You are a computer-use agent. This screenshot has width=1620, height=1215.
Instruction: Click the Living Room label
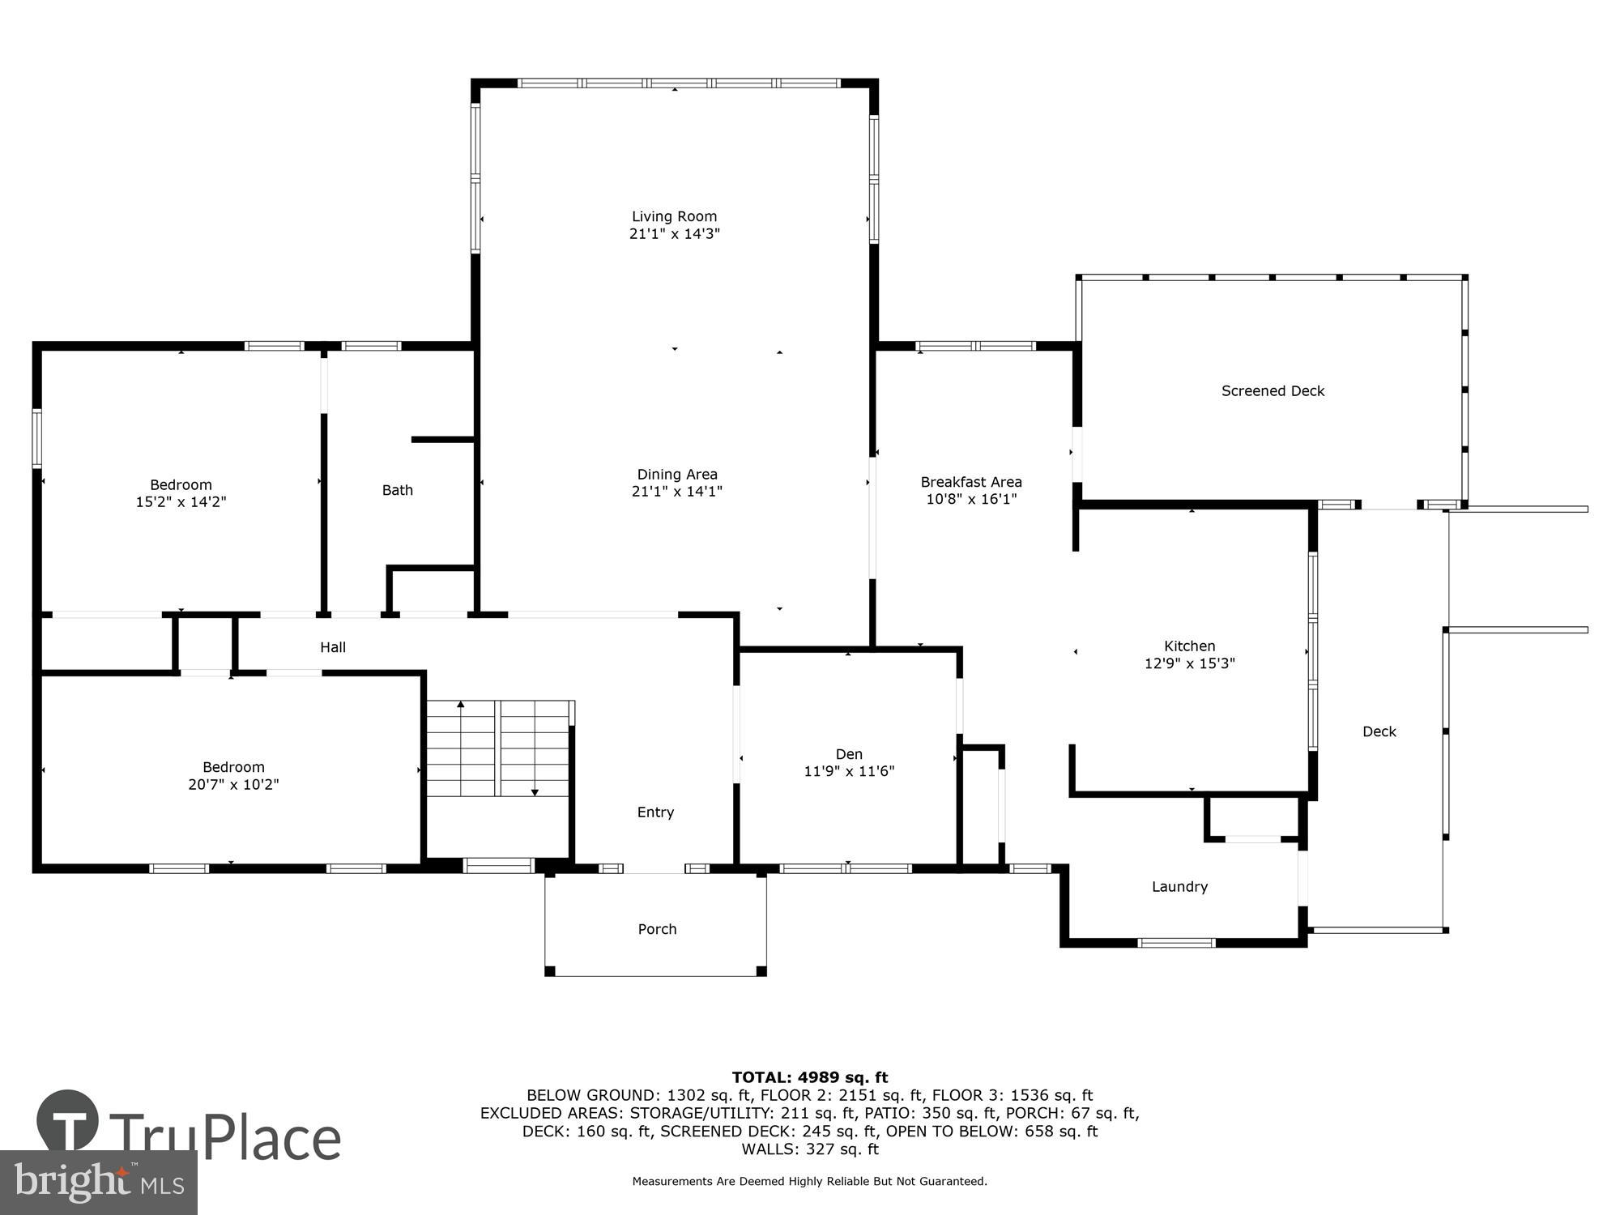coord(674,216)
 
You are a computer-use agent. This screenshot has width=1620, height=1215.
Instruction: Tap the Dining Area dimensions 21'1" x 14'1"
coord(676,492)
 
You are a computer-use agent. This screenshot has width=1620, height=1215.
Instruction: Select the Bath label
coord(397,490)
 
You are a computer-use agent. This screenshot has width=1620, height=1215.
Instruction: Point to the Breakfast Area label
coord(970,482)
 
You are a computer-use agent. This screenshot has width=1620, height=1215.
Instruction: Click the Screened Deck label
coord(1273,391)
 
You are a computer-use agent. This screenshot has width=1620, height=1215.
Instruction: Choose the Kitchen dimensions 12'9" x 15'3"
coord(1189,663)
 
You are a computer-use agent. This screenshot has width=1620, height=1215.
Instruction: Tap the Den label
coord(848,754)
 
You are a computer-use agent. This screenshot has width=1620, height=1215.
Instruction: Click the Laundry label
coord(1179,887)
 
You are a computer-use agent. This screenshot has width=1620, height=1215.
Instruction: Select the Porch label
coord(657,929)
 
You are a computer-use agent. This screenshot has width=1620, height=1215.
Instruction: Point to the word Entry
coord(655,812)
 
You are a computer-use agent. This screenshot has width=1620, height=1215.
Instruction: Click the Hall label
coord(333,647)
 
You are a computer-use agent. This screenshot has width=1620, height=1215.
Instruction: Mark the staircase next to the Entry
coord(498,749)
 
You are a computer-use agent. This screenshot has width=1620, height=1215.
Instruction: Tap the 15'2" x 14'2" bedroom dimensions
coord(181,502)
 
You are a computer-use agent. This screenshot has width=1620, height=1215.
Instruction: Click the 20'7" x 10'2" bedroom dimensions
coord(233,785)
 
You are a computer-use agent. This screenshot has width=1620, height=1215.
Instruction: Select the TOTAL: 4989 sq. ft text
coord(809,1077)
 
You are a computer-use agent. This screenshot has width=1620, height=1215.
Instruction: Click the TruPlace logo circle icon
coord(68,1122)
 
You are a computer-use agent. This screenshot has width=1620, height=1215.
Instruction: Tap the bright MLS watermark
coord(98,1183)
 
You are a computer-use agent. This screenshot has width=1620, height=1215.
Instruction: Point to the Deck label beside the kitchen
coord(1379,731)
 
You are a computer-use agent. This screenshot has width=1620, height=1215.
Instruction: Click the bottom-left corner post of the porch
coord(550,970)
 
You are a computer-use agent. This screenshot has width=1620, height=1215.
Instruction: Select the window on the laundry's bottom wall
coord(1176,942)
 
